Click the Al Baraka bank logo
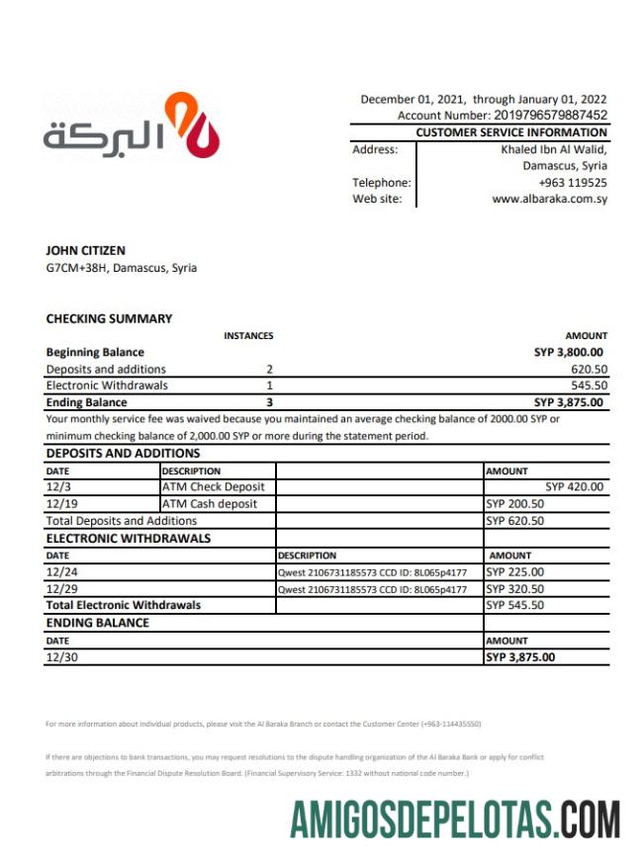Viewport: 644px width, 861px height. pyautogui.click(x=131, y=126)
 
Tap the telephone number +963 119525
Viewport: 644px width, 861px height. pyautogui.click(x=573, y=182)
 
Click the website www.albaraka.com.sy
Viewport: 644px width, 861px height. pyautogui.click(x=549, y=199)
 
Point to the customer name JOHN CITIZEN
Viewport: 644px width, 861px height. pyautogui.click(x=86, y=251)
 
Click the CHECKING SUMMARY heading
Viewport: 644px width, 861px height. pyautogui.click(x=109, y=318)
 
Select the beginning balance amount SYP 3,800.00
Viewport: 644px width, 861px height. pyautogui.click(x=568, y=352)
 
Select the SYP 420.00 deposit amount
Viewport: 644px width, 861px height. pyautogui.click(x=574, y=487)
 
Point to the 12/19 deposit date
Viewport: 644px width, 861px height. pyautogui.click(x=62, y=504)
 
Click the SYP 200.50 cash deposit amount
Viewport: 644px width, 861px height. pyautogui.click(x=515, y=504)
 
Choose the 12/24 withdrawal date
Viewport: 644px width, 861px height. pyautogui.click(x=62, y=572)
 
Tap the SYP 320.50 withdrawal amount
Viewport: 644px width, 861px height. pyautogui.click(x=515, y=589)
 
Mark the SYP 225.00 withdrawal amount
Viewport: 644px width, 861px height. pyautogui.click(x=515, y=572)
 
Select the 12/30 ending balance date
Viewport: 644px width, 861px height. pyautogui.click(x=62, y=657)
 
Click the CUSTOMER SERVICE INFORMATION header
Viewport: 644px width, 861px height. pyautogui.click(x=511, y=131)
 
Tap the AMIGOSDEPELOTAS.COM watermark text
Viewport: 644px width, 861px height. pyautogui.click(x=456, y=819)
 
